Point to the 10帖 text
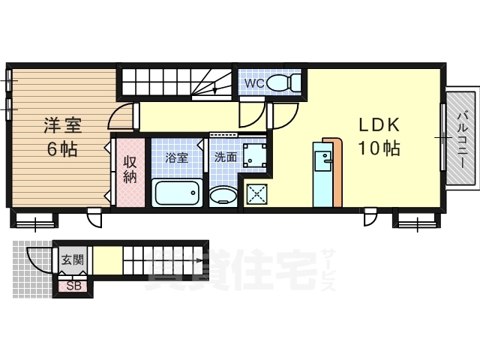[378, 148]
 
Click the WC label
[252, 83]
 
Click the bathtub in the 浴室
[177, 194]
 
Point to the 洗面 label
[225, 157]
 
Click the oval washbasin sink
[223, 196]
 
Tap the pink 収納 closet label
[130, 169]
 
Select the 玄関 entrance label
[73, 260]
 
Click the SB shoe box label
[74, 286]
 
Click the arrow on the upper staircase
[215, 88]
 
